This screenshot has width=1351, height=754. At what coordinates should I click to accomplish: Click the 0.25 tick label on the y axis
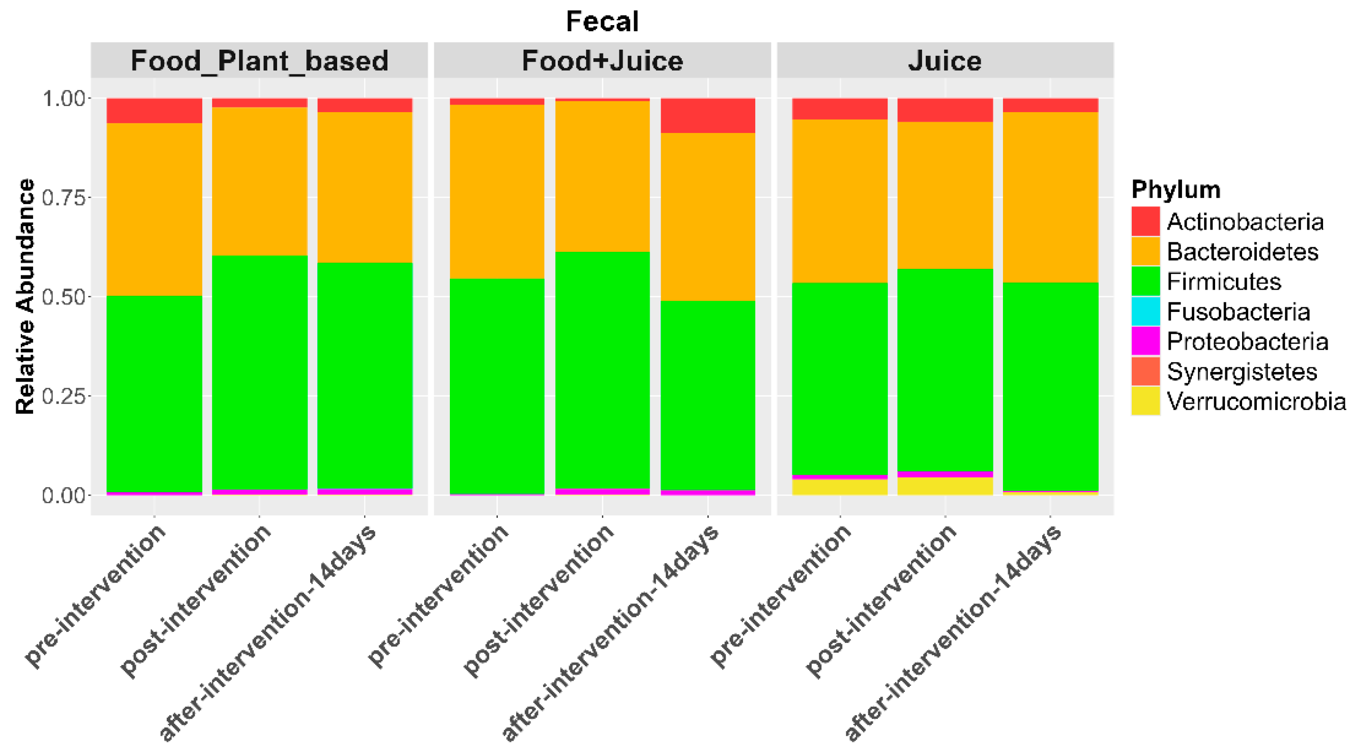coord(63,396)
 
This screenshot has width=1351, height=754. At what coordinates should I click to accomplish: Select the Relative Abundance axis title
coord(25,296)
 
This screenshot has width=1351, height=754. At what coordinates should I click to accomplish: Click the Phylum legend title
coord(1175,189)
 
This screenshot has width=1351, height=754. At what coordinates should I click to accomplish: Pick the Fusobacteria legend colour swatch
coord(1145,311)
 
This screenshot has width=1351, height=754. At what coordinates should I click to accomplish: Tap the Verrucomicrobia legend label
coord(1255,402)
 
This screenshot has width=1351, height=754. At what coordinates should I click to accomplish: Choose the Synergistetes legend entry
coord(1242,372)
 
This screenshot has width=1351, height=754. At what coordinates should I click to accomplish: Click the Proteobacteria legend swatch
coord(1145,341)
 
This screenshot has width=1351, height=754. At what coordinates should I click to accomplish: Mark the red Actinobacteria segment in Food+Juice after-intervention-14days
coord(707,115)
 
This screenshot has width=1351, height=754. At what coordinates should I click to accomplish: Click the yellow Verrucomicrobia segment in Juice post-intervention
coord(945,486)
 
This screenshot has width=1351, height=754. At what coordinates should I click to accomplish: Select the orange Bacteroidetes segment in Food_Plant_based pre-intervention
coord(154,210)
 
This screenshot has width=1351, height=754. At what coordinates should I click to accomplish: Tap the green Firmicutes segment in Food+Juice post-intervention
coord(602,370)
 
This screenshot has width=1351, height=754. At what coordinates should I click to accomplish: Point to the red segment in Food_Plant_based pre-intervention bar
coord(154,111)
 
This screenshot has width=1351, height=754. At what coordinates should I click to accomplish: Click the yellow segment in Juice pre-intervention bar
coord(840,487)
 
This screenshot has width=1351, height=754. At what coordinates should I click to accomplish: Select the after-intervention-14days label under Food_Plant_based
coord(268,634)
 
